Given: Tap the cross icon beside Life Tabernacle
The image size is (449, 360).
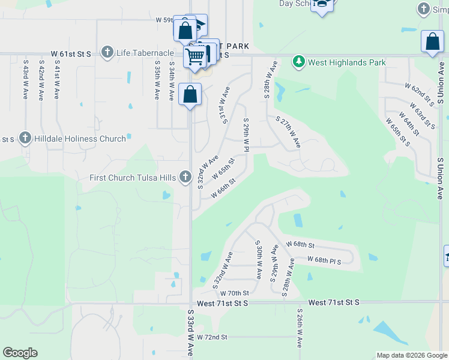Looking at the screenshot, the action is (x=107, y=52).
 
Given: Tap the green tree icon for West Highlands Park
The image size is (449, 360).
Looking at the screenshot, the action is (x=298, y=61).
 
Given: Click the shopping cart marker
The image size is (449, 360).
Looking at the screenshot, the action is (x=194, y=57).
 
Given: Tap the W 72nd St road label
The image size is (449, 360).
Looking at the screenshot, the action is (x=212, y=338).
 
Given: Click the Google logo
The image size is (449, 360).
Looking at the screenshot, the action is (x=20, y=353).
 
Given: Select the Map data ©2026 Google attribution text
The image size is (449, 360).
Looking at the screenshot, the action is (x=411, y=355).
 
